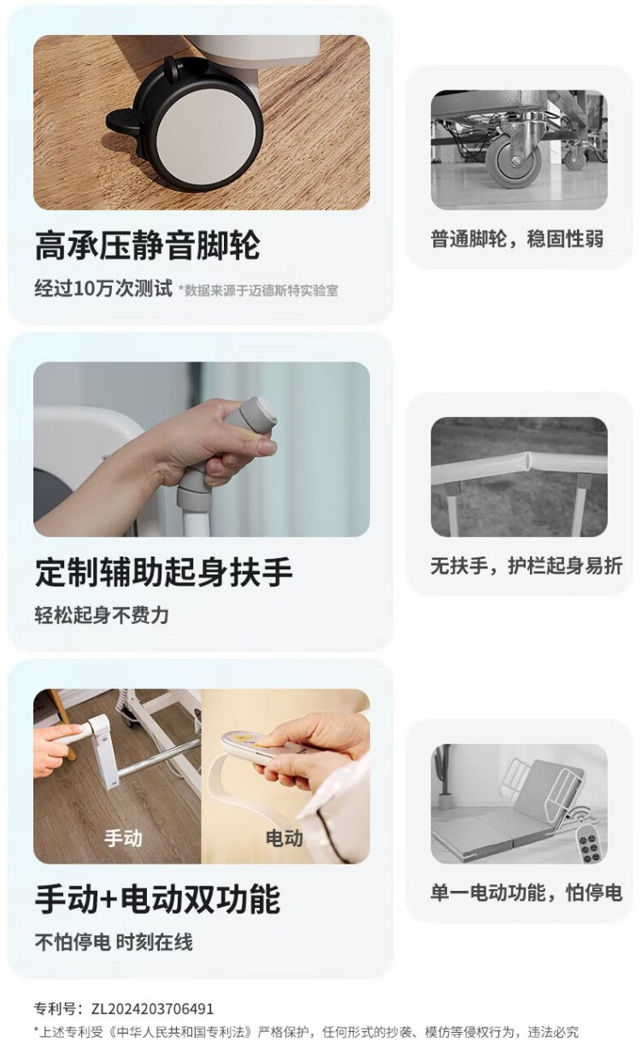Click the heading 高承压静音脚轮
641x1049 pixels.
[x=148, y=245]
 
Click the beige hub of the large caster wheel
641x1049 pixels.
[x=206, y=136]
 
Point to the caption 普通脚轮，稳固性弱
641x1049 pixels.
[x=517, y=239]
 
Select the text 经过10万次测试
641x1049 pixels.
[x=103, y=288]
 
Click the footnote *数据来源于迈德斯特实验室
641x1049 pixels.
[x=258, y=291]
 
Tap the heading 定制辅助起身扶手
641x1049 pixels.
[x=163, y=572]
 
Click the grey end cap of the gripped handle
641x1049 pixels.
[x=260, y=413]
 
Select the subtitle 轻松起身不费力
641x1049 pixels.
[x=102, y=615]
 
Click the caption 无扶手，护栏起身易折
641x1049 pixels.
[x=526, y=566]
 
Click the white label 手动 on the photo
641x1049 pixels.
[x=123, y=838]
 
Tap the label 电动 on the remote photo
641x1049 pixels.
[x=285, y=838]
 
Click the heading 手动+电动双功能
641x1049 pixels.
[x=157, y=899]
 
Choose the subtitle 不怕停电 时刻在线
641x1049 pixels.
[x=114, y=942]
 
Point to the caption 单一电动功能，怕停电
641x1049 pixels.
[x=526, y=893]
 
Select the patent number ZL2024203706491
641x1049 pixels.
[x=152, y=1008]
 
